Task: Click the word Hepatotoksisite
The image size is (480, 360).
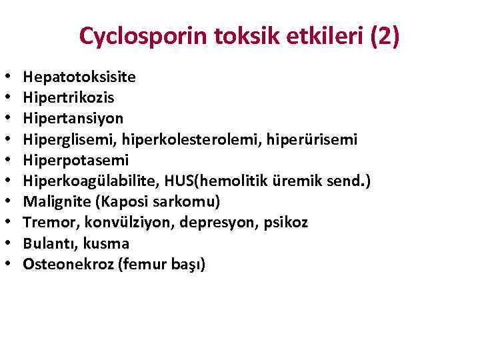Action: coord(79,77)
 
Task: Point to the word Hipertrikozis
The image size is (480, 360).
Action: coord(68,97)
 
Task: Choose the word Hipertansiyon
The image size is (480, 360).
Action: coord(73,118)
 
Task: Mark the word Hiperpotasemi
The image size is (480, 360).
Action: coord(75,160)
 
